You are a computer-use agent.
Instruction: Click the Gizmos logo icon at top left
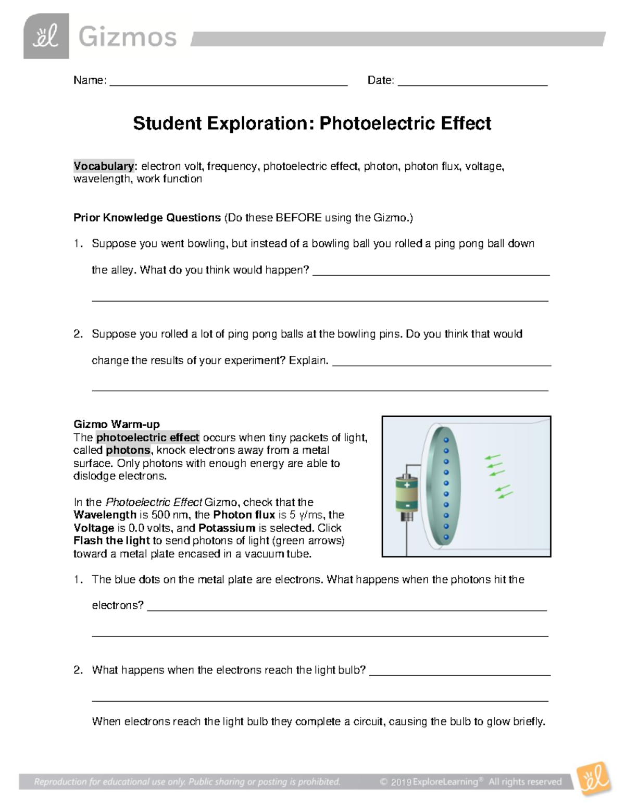46,36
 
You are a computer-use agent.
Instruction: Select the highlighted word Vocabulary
104,166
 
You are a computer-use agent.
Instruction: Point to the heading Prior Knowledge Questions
147,218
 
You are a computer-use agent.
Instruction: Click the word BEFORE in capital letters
298,218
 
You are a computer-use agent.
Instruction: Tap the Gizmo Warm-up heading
117,424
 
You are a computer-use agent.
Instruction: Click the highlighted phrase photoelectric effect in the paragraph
148,438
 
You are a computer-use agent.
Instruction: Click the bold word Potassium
227,528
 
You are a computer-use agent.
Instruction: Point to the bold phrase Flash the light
111,541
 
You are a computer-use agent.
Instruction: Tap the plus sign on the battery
407,484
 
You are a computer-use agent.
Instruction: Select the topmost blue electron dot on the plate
446,440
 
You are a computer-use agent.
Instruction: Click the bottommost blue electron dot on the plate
446,537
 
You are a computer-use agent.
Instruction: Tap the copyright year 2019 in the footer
401,781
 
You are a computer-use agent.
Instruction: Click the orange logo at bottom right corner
593,779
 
